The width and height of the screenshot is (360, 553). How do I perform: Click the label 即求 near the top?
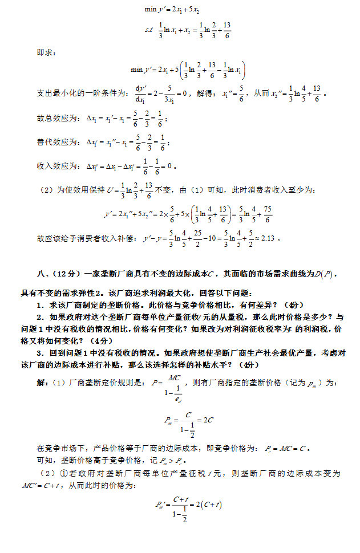(x=45, y=52)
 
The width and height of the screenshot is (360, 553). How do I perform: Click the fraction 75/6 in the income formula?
(x=268, y=214)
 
